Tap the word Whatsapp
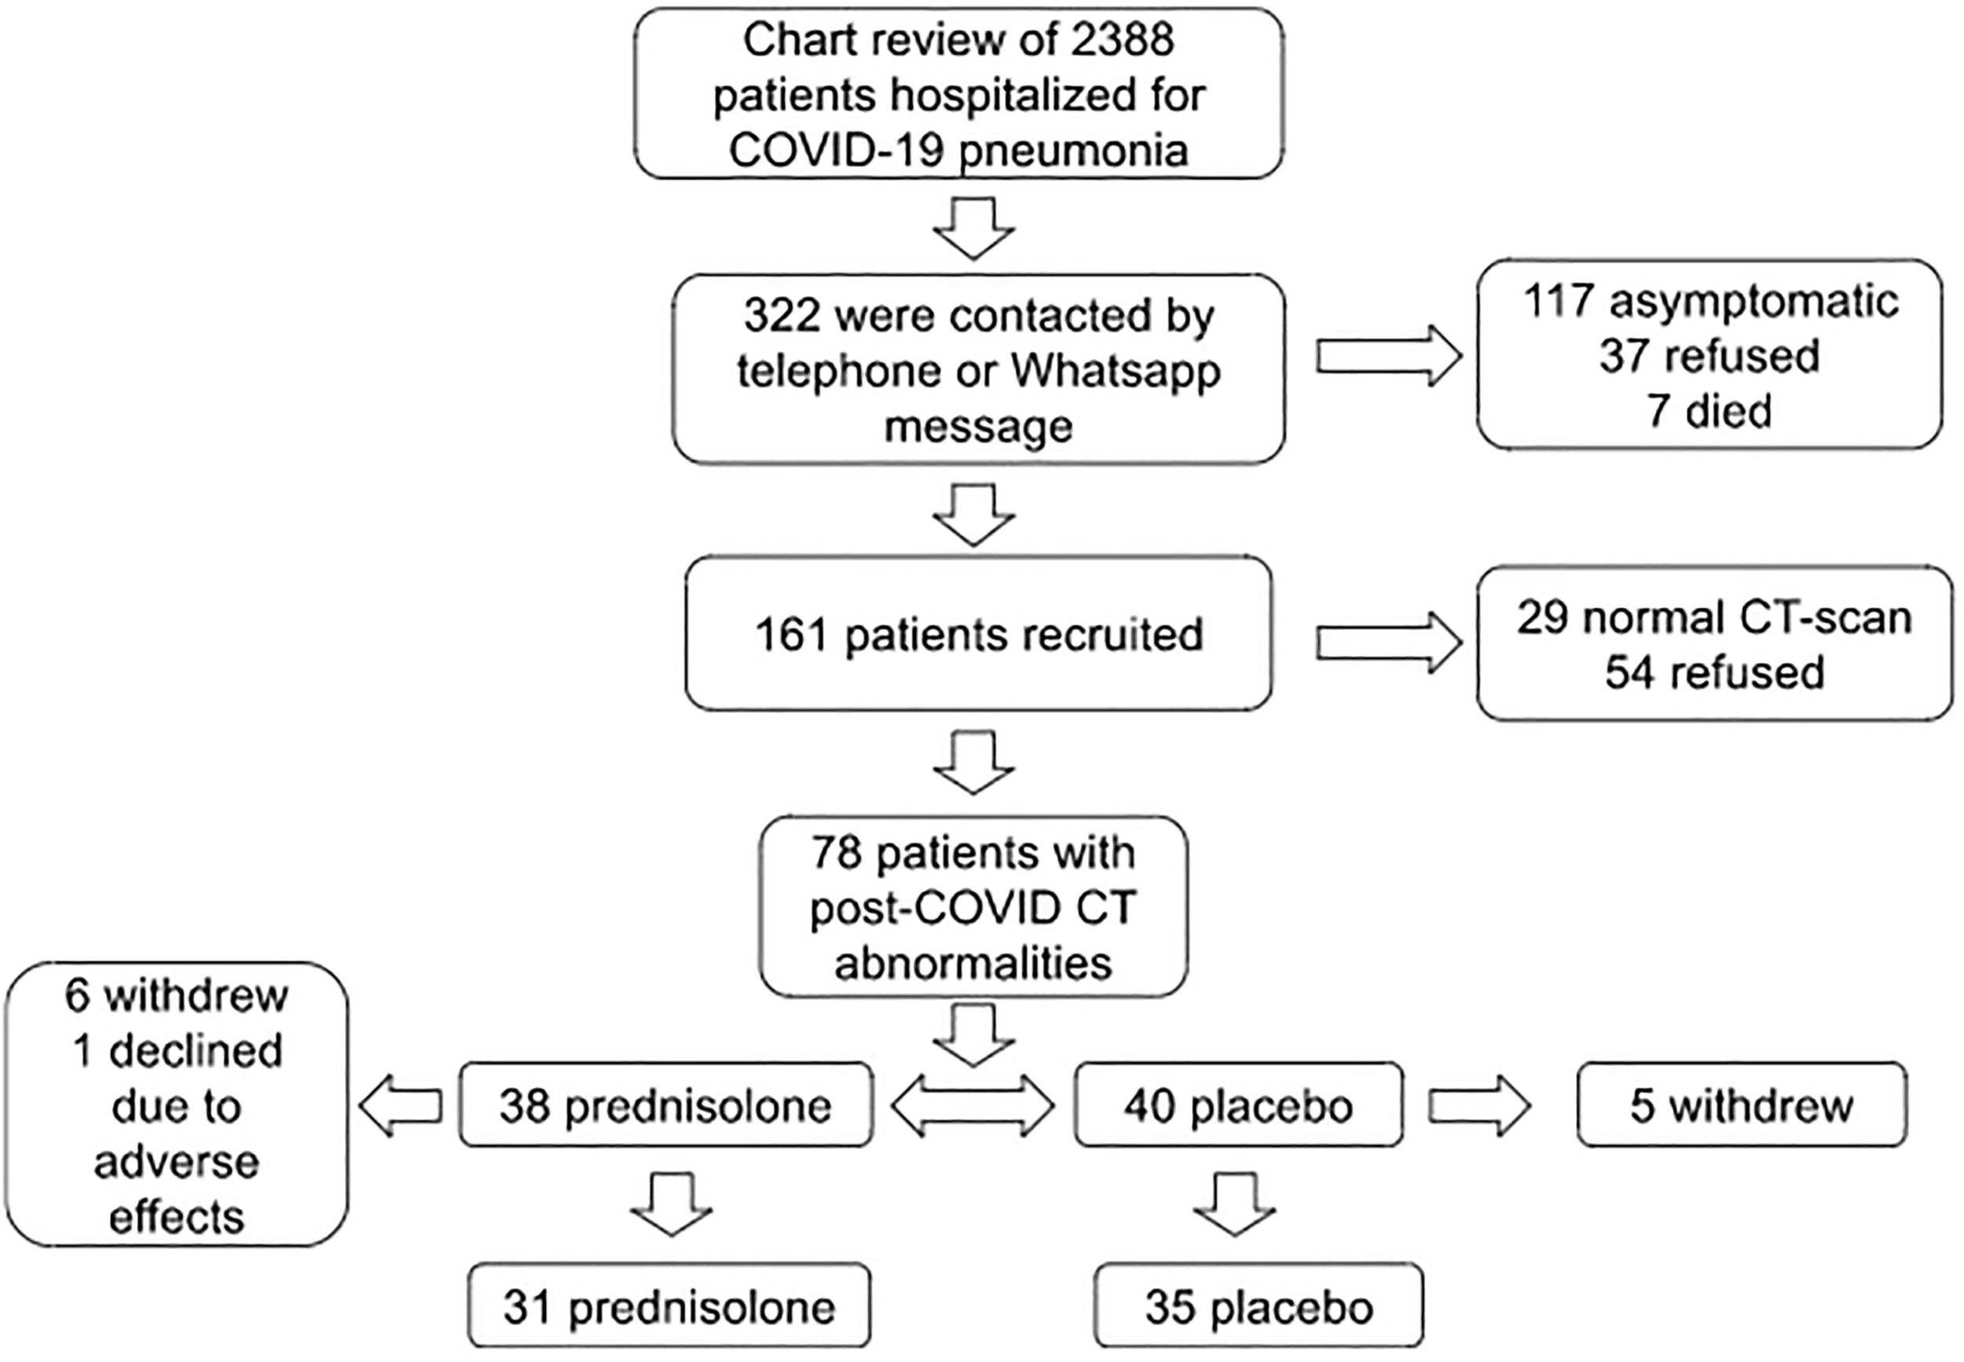(1116, 372)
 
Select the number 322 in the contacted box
(780, 316)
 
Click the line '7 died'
(1709, 412)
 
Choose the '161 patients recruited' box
(978, 633)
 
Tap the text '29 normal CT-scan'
(1714, 618)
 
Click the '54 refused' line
(1715, 673)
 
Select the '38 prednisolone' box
(665, 1104)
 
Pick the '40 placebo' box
(1238, 1104)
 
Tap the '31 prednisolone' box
(669, 1305)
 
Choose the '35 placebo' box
(1259, 1305)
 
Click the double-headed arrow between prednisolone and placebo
(973, 1106)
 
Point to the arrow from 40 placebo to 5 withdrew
(1479, 1106)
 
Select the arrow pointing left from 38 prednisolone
(401, 1106)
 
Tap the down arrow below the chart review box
(974, 228)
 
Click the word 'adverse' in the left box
(177, 1162)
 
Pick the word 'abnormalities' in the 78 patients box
(973, 964)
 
